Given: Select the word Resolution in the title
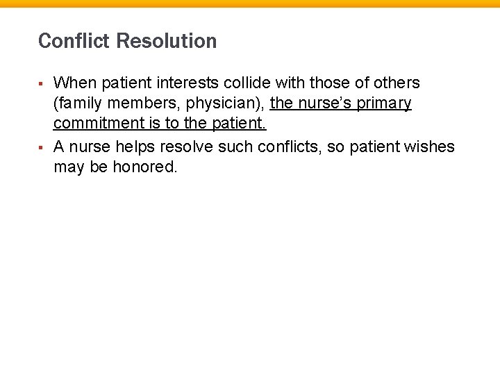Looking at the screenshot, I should [x=167, y=41].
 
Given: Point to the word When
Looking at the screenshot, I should [x=75, y=83].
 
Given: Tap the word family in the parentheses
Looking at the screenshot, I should [x=79, y=104].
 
